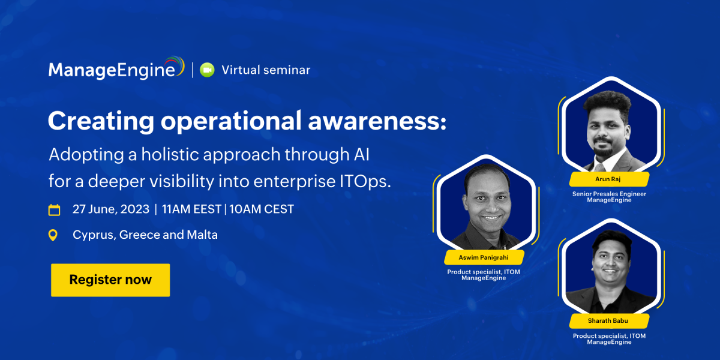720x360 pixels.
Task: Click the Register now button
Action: pos(110,280)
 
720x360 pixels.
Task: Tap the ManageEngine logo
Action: pos(116,68)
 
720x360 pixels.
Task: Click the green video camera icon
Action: pos(207,70)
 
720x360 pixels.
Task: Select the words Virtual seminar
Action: pos(266,70)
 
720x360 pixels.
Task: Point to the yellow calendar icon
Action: pos(54,210)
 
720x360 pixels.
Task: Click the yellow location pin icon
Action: pos(53,235)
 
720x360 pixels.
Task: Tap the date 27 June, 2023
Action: pos(111,209)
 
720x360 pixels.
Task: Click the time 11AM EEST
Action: pos(191,209)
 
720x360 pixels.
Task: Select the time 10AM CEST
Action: pos(262,209)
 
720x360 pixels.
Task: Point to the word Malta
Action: pos(202,235)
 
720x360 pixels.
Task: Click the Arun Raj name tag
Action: pos(609,179)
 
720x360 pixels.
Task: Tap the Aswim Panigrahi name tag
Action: pos(484,257)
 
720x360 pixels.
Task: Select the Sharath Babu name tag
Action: pos(609,321)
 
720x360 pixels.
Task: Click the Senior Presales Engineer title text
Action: pos(609,194)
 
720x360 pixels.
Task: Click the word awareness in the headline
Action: pos(377,121)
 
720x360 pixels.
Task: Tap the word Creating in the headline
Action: pos(101,121)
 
